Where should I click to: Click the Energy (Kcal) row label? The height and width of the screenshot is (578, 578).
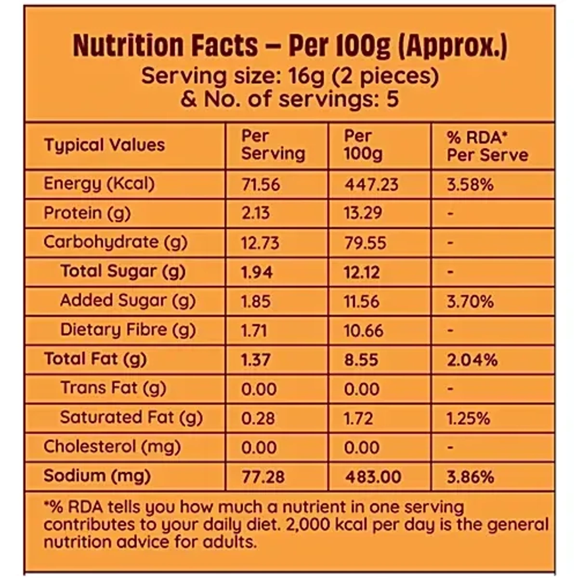coord(99,184)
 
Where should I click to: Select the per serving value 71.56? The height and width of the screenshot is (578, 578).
coord(260,184)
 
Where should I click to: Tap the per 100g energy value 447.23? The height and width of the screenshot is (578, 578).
coord(371,184)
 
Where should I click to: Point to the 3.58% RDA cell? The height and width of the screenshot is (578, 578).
coord(470,184)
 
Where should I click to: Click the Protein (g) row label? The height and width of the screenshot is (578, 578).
coord(87,213)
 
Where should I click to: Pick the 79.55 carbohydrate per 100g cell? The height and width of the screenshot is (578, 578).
coord(365,243)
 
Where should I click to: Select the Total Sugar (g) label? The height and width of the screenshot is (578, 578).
coord(123,272)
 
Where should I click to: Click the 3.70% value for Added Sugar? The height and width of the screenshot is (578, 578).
coord(470,302)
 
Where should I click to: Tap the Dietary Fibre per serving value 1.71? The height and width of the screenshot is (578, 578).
coord(254,331)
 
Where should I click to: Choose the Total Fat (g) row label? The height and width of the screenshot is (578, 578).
coord(95,359)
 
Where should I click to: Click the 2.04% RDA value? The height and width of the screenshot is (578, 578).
coord(472,360)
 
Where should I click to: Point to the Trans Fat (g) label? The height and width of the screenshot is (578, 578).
coord(113,388)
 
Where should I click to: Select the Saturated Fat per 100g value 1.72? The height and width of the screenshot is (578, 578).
coord(358,418)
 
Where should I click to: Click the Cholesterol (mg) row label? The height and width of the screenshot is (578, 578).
coord(112,447)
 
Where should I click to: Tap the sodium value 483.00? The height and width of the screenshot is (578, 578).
coord(373,477)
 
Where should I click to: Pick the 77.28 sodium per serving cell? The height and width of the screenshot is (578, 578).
coord(263,477)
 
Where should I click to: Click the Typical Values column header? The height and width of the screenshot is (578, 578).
coord(105,145)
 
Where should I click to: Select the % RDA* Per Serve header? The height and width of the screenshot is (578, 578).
coord(487,146)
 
